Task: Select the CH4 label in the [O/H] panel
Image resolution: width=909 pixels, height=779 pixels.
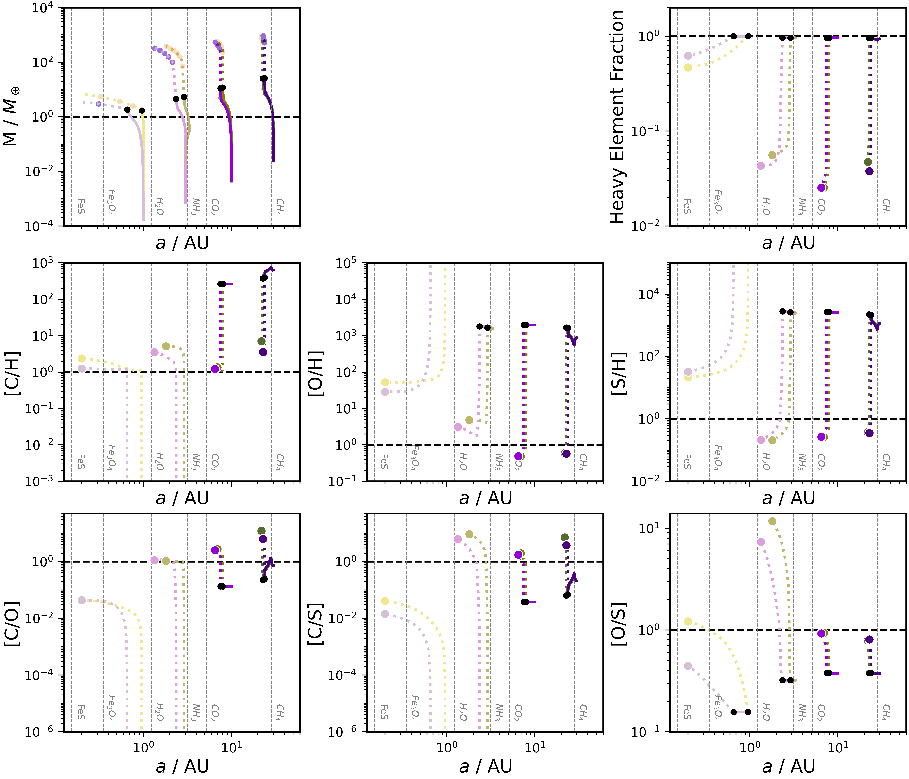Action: coord(582,461)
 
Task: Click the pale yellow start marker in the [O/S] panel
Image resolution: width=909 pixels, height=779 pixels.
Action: coord(688,622)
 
